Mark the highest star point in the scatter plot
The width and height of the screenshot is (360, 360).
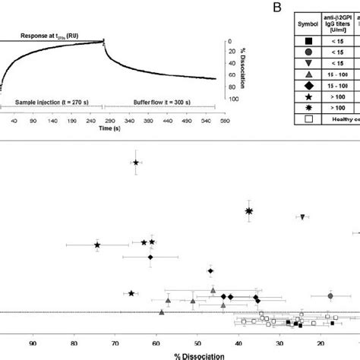pyautogui.click(x=136, y=163)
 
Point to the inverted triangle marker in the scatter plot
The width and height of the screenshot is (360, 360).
pyautogui.click(x=302, y=217)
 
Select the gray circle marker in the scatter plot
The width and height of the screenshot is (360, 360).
pyautogui.click(x=330, y=295)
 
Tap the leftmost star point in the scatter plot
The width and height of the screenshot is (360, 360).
pyautogui.click(x=97, y=245)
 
